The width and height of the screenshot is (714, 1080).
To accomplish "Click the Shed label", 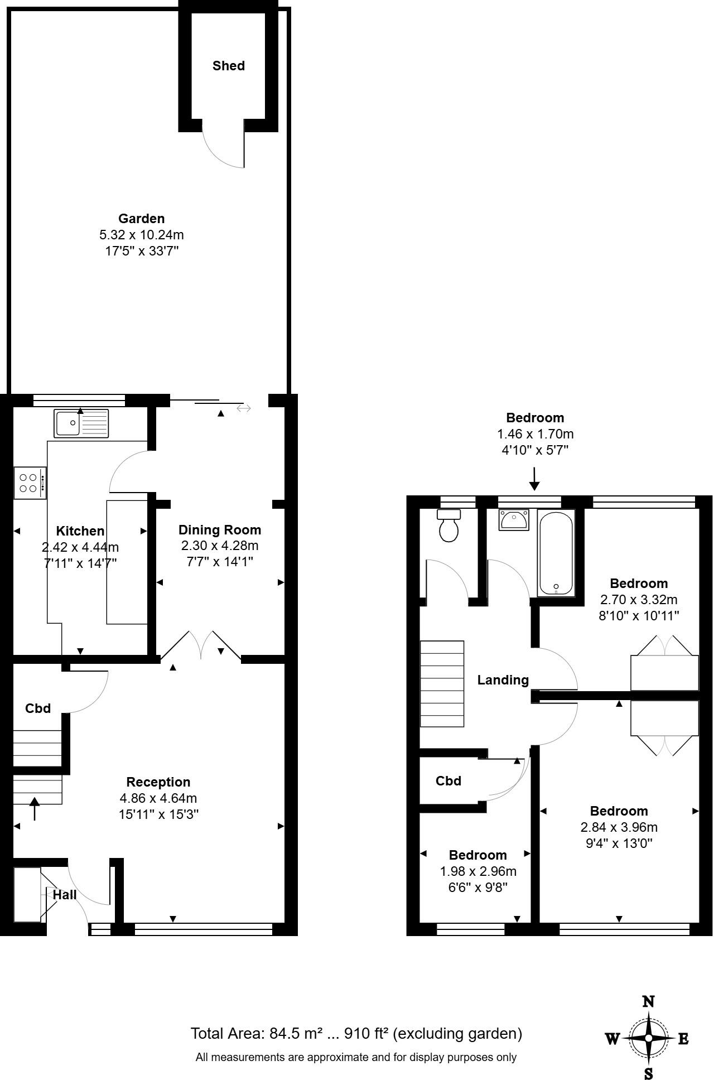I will tap(228, 66).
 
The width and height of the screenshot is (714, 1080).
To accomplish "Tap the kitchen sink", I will tap(81, 423).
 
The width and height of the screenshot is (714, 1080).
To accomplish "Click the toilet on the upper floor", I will tap(449, 525).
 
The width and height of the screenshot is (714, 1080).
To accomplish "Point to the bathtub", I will tap(556, 553).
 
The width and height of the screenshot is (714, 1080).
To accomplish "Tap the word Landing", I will tap(503, 680).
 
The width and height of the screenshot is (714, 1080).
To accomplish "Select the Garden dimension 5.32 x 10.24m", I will tap(142, 235).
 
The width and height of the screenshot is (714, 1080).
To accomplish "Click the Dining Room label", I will tap(219, 530).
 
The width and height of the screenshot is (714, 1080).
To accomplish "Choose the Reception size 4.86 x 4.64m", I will tap(158, 798).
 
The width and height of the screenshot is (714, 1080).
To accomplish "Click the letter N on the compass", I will tap(648, 1001).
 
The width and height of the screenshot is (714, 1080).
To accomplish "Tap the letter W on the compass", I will tap(612, 1039).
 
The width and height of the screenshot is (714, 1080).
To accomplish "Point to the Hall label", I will tap(65, 895).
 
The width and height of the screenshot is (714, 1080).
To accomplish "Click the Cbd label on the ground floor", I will tap(38, 708).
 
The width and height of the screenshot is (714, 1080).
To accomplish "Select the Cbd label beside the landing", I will tap(448, 781).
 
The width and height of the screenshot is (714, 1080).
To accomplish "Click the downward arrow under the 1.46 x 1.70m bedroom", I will tap(534, 479).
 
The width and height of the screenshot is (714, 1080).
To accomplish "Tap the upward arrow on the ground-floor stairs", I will tap(35, 808).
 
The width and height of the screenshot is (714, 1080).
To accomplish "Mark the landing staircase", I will tap(442, 684).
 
